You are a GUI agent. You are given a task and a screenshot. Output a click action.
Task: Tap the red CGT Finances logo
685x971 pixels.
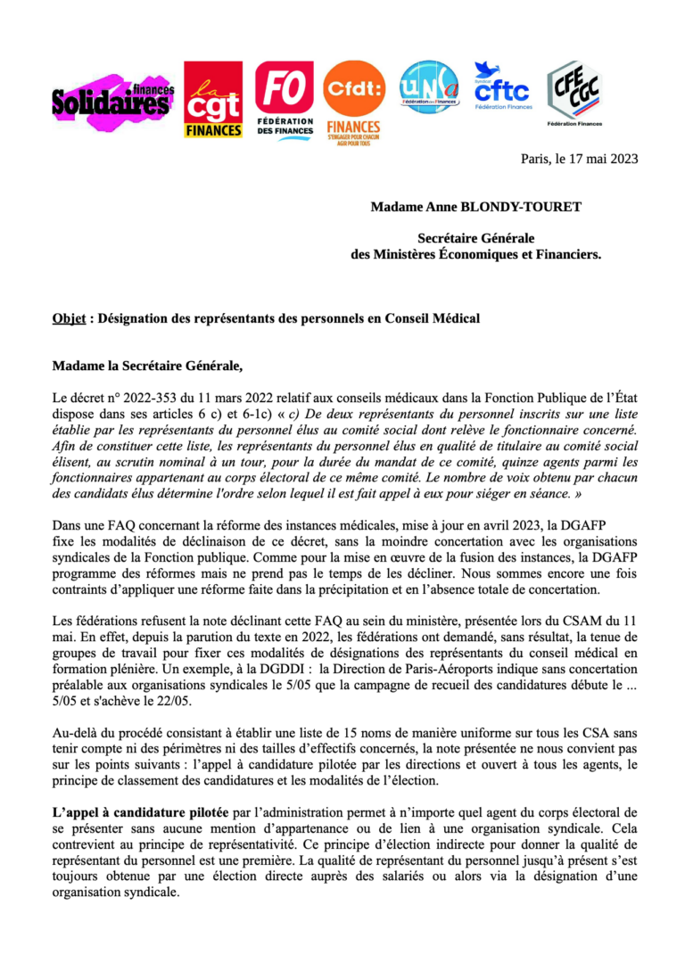coord(213,99)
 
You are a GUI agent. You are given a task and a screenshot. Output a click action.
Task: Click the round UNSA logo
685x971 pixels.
coord(429,88)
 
